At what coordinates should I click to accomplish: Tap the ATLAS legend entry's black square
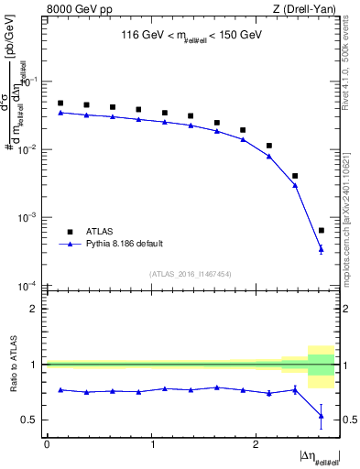pyautogui.click(x=69, y=232)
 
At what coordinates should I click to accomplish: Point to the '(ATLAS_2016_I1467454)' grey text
pyautogui.click(x=191, y=273)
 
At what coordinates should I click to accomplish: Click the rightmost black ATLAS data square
pyautogui.click(x=321, y=230)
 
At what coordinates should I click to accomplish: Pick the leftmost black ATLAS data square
pyautogui.click(x=60, y=104)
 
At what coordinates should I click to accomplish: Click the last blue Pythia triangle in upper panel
pyautogui.click(x=321, y=249)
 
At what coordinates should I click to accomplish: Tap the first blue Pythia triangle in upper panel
pyautogui.click(x=60, y=113)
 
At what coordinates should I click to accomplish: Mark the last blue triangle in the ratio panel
pyautogui.click(x=321, y=416)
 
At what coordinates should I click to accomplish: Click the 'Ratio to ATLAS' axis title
pyautogui.click(x=13, y=365)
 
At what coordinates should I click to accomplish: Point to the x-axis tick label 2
pyautogui.click(x=256, y=444)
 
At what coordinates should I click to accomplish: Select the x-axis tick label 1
pyautogui.click(x=151, y=444)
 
